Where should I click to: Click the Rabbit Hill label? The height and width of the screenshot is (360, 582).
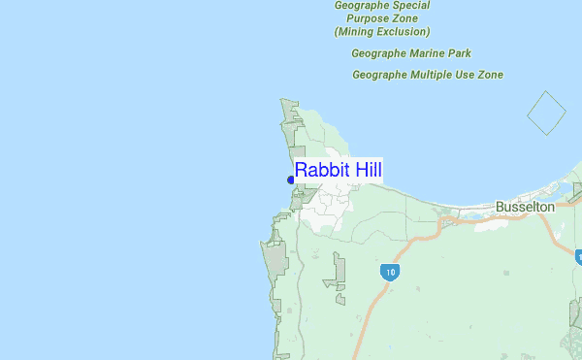(339, 171)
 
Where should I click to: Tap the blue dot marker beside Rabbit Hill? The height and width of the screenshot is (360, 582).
(291, 180)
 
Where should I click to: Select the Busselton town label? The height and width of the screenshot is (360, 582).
(524, 207)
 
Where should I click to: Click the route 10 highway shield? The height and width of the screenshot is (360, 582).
(389, 272)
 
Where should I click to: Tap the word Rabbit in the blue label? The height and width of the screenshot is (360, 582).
(324, 171)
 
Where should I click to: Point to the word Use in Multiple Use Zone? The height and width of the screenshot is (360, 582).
(469, 75)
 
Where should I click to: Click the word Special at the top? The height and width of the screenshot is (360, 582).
(408, 5)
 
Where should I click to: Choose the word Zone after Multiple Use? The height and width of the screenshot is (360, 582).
(492, 75)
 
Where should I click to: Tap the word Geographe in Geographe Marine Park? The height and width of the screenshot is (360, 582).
(379, 53)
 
